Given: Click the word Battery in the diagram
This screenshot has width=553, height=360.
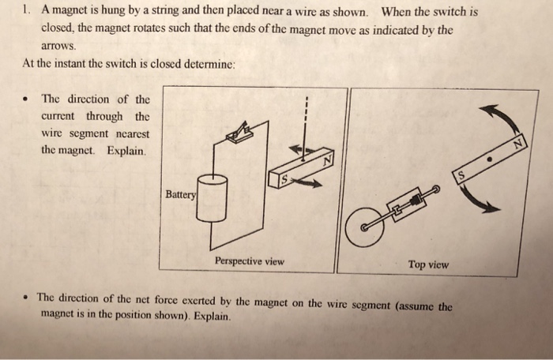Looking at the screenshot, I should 180,193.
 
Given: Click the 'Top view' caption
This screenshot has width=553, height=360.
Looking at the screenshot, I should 428,264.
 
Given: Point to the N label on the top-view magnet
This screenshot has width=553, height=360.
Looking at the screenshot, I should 518,144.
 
